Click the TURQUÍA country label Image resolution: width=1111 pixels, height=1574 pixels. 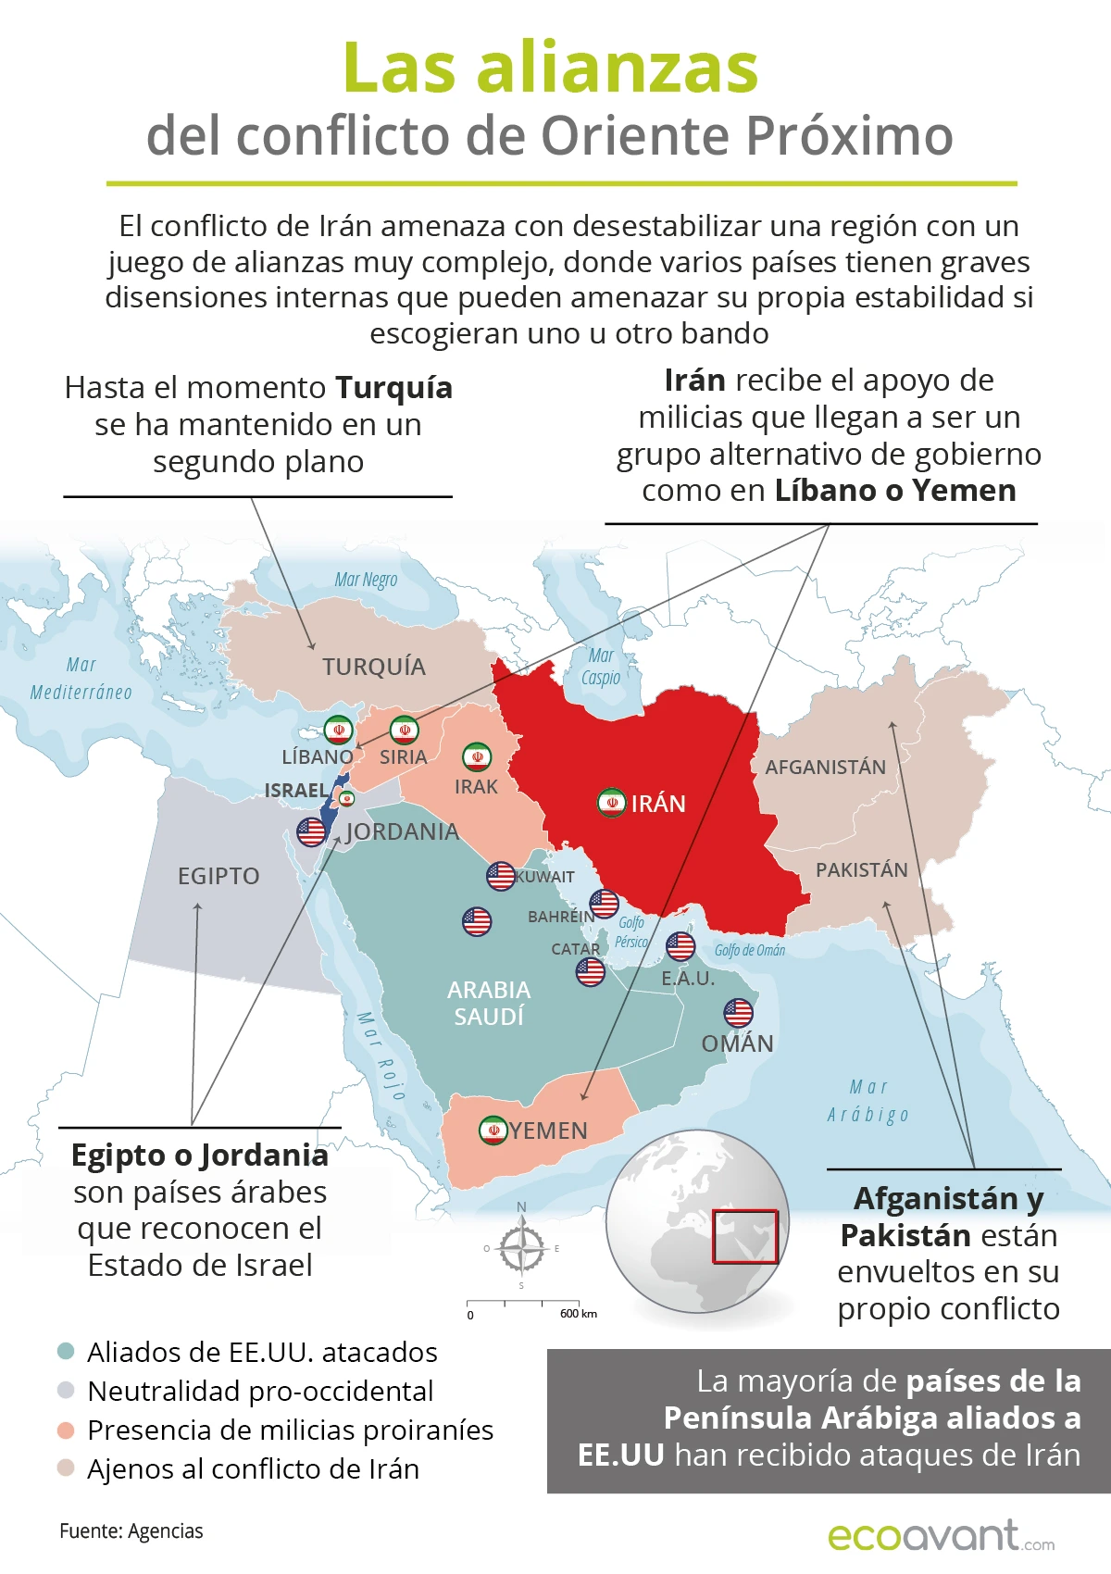374,667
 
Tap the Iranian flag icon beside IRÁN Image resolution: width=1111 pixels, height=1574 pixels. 611,803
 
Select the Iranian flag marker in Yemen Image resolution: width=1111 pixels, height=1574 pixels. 493,1130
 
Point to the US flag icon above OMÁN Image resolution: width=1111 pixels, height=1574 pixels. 738,1012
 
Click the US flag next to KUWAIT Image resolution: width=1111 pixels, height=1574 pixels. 501,876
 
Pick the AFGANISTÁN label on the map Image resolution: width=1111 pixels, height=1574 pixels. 825,767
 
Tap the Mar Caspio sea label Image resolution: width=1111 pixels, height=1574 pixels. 601,667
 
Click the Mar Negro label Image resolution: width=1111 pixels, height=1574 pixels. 366,580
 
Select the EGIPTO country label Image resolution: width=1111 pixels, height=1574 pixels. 218,876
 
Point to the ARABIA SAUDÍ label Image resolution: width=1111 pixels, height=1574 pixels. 489,1003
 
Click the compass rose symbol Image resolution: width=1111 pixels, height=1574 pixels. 522,1248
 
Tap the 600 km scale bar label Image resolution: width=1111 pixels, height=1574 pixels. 578,1313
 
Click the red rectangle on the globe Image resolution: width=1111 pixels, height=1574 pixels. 744,1236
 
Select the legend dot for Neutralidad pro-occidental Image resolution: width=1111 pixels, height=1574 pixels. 66,1390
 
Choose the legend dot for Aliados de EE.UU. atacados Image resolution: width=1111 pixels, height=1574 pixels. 66,1351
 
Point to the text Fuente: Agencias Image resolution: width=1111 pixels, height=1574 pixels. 131,1530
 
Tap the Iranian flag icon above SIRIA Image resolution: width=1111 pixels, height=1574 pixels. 404,730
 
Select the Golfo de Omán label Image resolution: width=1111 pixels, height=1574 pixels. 749,950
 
